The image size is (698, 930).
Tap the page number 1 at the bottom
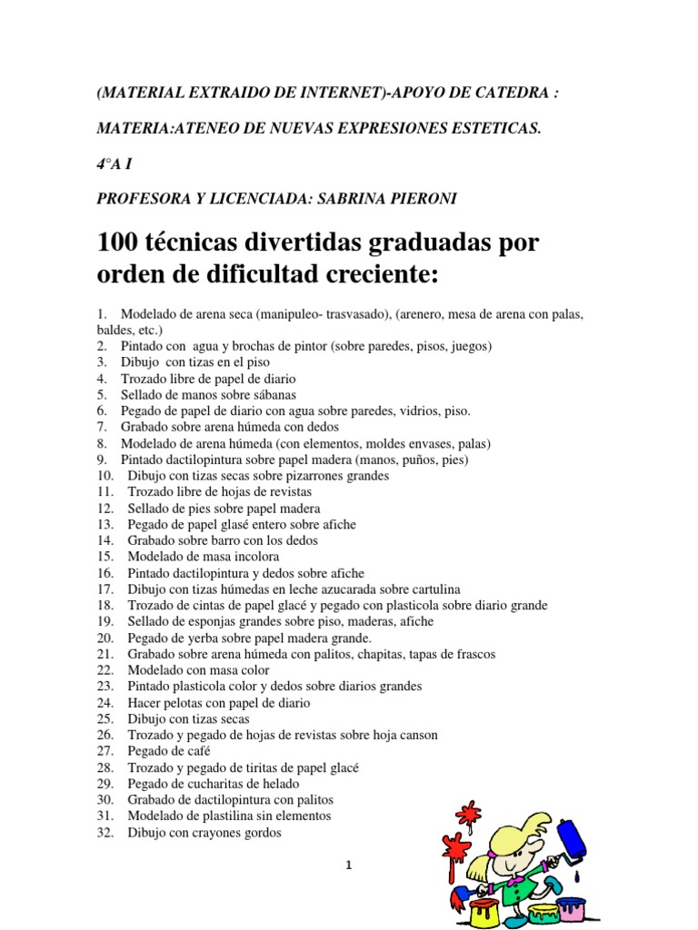[348, 866]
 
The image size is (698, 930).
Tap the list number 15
[105, 556]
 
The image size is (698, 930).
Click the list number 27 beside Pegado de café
[105, 751]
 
